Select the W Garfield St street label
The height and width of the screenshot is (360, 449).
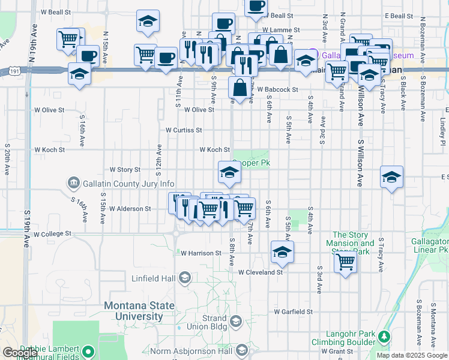click(x=294, y=311)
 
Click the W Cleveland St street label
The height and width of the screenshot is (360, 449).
click(x=260, y=272)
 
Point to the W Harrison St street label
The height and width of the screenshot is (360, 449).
click(x=201, y=253)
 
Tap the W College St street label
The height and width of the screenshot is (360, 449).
click(x=52, y=233)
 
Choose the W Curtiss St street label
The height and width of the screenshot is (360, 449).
click(x=184, y=130)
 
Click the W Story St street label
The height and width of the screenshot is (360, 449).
click(x=124, y=170)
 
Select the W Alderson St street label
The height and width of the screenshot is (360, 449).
click(x=130, y=209)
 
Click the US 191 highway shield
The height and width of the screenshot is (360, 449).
click(x=13, y=71)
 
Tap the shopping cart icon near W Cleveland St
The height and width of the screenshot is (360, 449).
click(x=345, y=262)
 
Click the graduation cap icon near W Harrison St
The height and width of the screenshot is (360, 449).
click(x=281, y=252)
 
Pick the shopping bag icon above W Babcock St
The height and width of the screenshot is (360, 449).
click(x=240, y=88)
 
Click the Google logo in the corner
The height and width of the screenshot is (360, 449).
click(x=20, y=353)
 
